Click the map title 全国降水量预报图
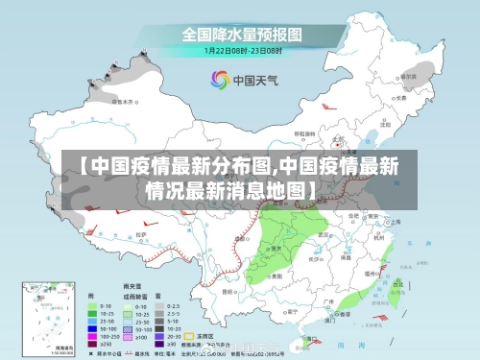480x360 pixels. [242, 35]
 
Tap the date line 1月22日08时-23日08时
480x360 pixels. [242, 51]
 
